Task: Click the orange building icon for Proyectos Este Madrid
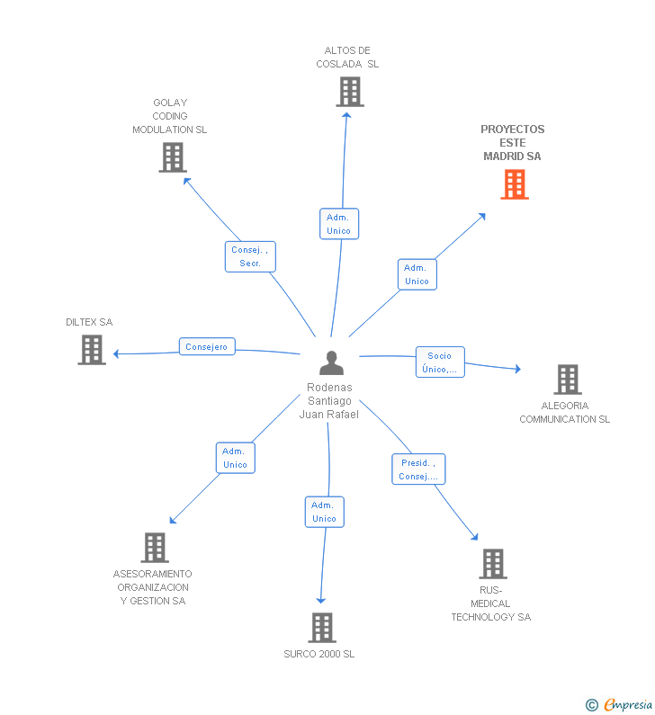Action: click(515, 184)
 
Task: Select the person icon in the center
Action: click(332, 363)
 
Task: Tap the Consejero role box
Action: click(207, 346)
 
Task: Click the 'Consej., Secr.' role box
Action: click(250, 256)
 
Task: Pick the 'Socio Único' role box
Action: click(440, 362)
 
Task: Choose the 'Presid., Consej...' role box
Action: click(418, 469)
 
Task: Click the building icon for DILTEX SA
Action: click(92, 350)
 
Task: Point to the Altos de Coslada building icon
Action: click(350, 92)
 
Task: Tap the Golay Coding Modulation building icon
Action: click(173, 157)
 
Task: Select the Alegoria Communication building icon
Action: click(568, 380)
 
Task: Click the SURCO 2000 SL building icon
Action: click(322, 628)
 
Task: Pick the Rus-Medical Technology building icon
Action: click(493, 564)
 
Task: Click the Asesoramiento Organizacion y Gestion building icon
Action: click(155, 548)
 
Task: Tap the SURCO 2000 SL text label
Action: click(319, 655)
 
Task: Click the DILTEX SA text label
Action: click(89, 322)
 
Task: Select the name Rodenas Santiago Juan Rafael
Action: click(329, 401)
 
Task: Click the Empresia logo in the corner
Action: click(619, 704)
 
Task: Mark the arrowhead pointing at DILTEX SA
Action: click(116, 353)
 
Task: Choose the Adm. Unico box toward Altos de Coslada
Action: click(339, 224)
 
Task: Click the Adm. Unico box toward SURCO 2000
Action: click(325, 512)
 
